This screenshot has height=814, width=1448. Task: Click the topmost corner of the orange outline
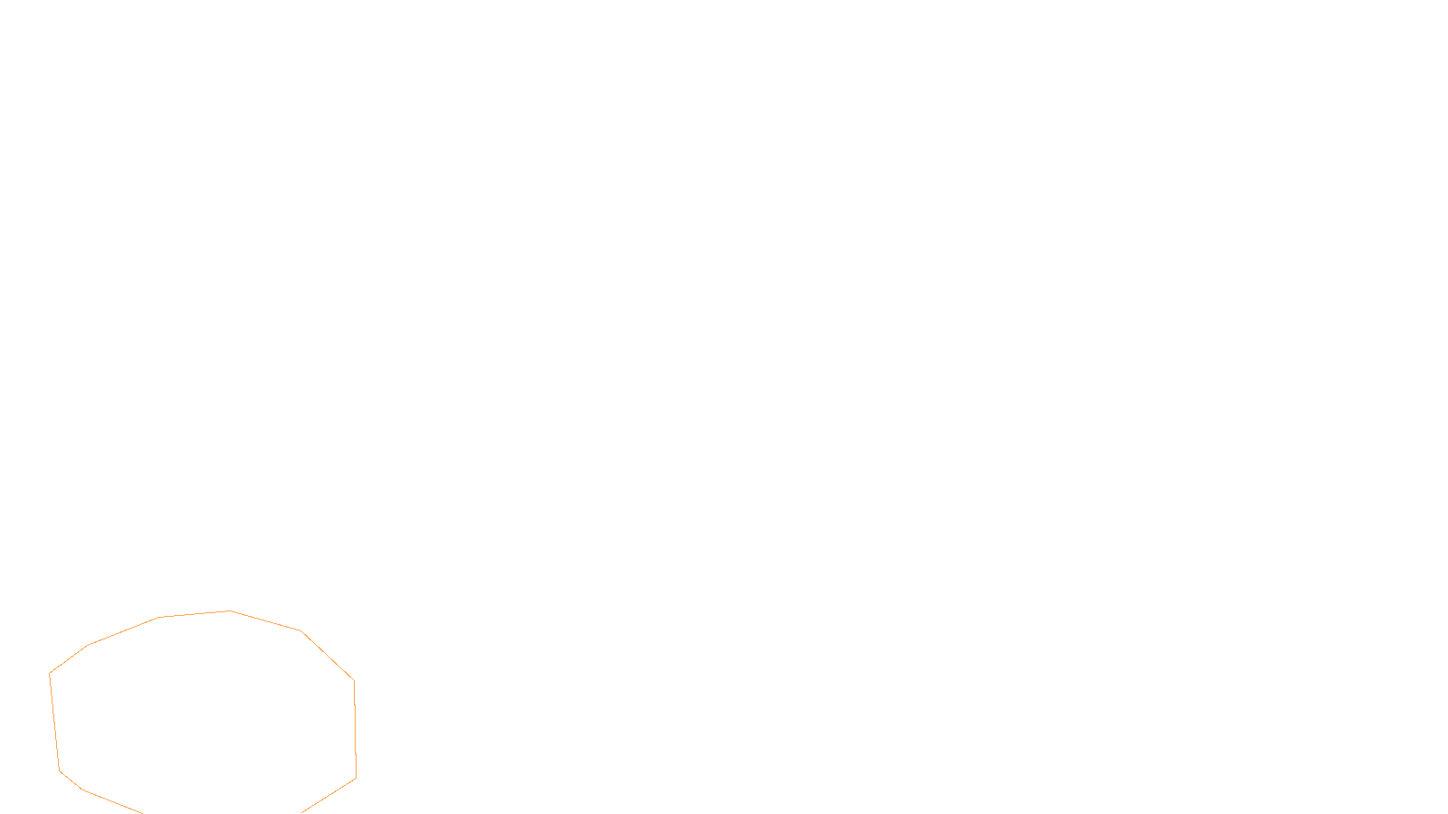230,611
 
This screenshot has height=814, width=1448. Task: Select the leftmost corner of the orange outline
50,674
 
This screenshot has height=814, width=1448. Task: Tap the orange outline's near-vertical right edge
355,729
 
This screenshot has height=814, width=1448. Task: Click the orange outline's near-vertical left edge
54,723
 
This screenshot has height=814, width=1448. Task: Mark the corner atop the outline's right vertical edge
354,680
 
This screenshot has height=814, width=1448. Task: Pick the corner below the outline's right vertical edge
356,778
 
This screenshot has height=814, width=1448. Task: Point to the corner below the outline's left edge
60,771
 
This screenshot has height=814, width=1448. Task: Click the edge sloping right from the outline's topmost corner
265,621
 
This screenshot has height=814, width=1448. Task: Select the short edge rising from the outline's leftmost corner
69,659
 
